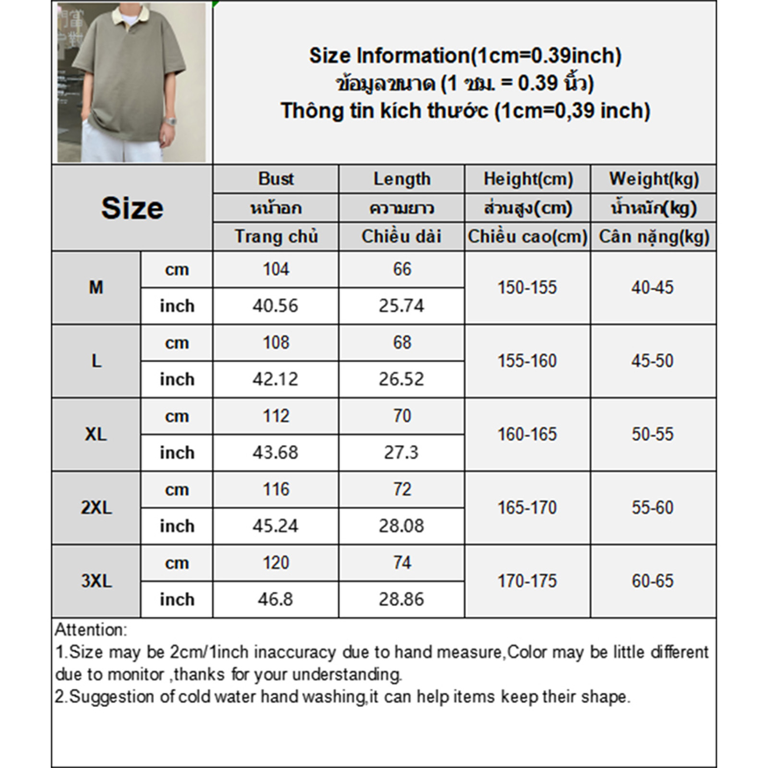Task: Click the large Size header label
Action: (132, 208)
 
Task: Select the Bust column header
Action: (276, 179)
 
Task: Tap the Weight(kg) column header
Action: (654, 179)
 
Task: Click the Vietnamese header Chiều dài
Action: (401, 237)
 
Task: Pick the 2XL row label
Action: (96, 507)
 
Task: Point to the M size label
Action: (96, 287)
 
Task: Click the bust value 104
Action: (276, 269)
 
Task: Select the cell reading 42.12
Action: (276, 379)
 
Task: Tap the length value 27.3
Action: (401, 453)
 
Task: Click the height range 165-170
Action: (527, 507)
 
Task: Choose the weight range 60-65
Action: (653, 581)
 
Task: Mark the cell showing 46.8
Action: (276, 600)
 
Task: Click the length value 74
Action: (402, 563)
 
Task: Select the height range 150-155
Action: (527, 287)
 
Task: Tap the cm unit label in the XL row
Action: (177, 416)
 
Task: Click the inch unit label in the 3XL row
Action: (177, 600)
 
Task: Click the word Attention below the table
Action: (91, 630)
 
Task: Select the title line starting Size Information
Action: (465, 56)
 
